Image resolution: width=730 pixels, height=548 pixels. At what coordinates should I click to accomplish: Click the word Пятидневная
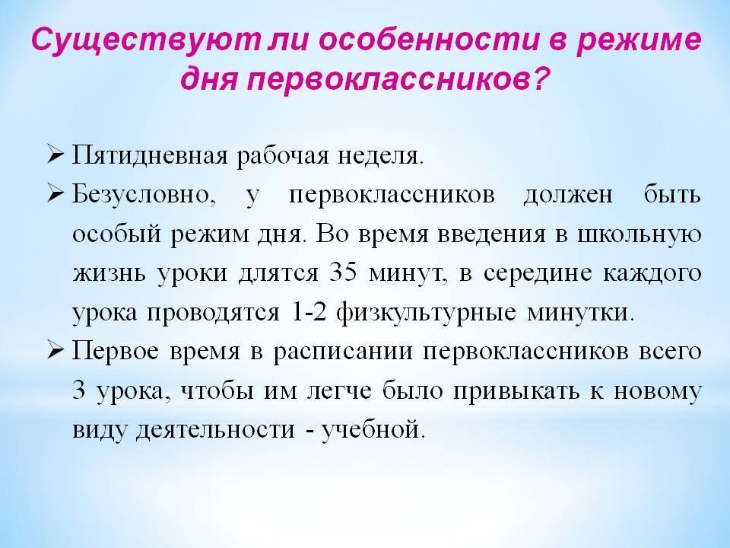click(150, 155)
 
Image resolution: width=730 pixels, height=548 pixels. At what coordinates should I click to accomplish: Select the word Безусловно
click(144, 195)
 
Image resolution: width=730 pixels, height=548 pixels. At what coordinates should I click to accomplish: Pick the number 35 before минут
click(344, 272)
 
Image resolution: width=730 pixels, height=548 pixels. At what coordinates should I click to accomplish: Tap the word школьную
click(639, 234)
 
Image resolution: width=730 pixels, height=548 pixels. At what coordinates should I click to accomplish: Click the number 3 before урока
click(79, 390)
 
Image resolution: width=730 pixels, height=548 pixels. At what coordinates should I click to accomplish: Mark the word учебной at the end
click(373, 429)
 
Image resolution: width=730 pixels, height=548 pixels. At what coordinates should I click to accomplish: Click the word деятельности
click(216, 430)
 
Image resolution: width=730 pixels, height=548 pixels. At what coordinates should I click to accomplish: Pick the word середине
click(538, 273)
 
